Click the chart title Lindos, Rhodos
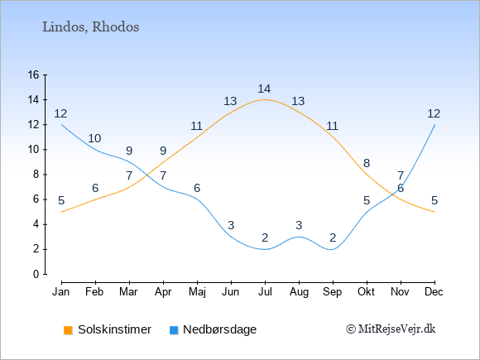[x=90, y=27]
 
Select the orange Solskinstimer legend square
[x=68, y=330]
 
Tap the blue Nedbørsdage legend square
[x=174, y=330]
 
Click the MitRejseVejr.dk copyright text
[x=391, y=329]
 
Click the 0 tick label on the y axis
[x=36, y=274]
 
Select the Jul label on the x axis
[x=265, y=292]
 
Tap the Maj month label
[x=197, y=292]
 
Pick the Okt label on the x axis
[x=366, y=292]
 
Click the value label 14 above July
[x=264, y=89]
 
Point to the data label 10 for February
[x=94, y=139]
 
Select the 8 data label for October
[x=367, y=164]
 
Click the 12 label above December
[x=434, y=114]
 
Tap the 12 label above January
[x=60, y=114]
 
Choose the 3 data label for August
[x=299, y=226]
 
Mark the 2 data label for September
[x=333, y=238]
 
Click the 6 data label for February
[x=95, y=188]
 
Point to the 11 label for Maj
[x=196, y=126]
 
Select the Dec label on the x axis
[x=434, y=292]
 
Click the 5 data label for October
[x=367, y=201]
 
